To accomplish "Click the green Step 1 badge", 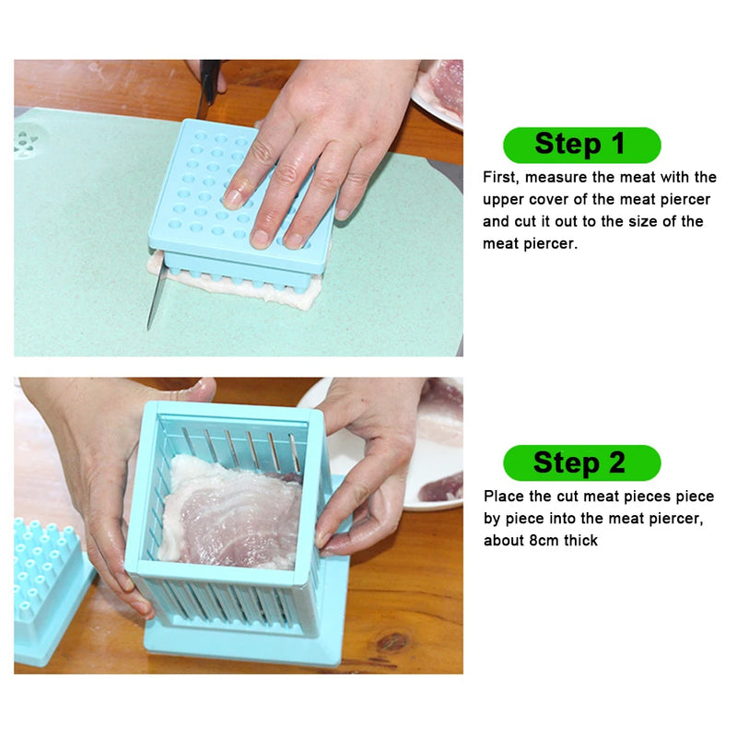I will click(x=581, y=145).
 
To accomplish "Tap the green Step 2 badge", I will click(x=581, y=462).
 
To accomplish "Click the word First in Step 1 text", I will click(x=500, y=177).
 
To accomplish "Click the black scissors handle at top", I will click(x=209, y=76).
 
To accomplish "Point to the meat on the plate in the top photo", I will click(x=445, y=88).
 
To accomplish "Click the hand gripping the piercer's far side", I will click(x=368, y=461).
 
